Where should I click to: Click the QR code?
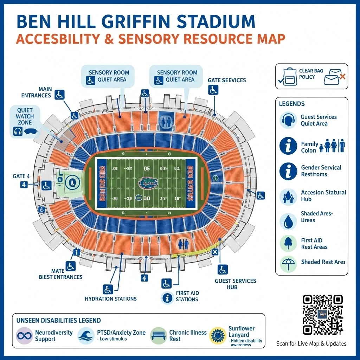tap(323, 315)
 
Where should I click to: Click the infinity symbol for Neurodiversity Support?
tap(24, 336)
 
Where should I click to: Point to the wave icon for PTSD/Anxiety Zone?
tap(86, 336)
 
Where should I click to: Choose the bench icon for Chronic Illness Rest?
tap(158, 336)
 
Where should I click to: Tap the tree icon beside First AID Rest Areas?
tap(288, 243)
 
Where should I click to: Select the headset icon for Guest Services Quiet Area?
tap(288, 120)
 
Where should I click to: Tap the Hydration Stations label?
tap(110, 299)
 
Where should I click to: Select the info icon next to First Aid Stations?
tap(168, 298)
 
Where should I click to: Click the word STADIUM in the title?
tap(216, 22)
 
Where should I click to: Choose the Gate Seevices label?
tap(227, 80)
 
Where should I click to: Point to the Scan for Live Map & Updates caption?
tap(311, 343)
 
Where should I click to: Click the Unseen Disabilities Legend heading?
tap(59, 320)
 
